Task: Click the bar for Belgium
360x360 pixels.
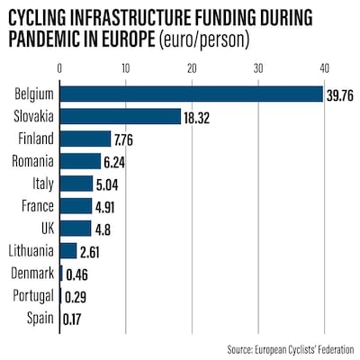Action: [191, 94]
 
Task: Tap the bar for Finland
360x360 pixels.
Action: [85, 139]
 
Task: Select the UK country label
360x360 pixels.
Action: [46, 228]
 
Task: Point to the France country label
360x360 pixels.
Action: [38, 205]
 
